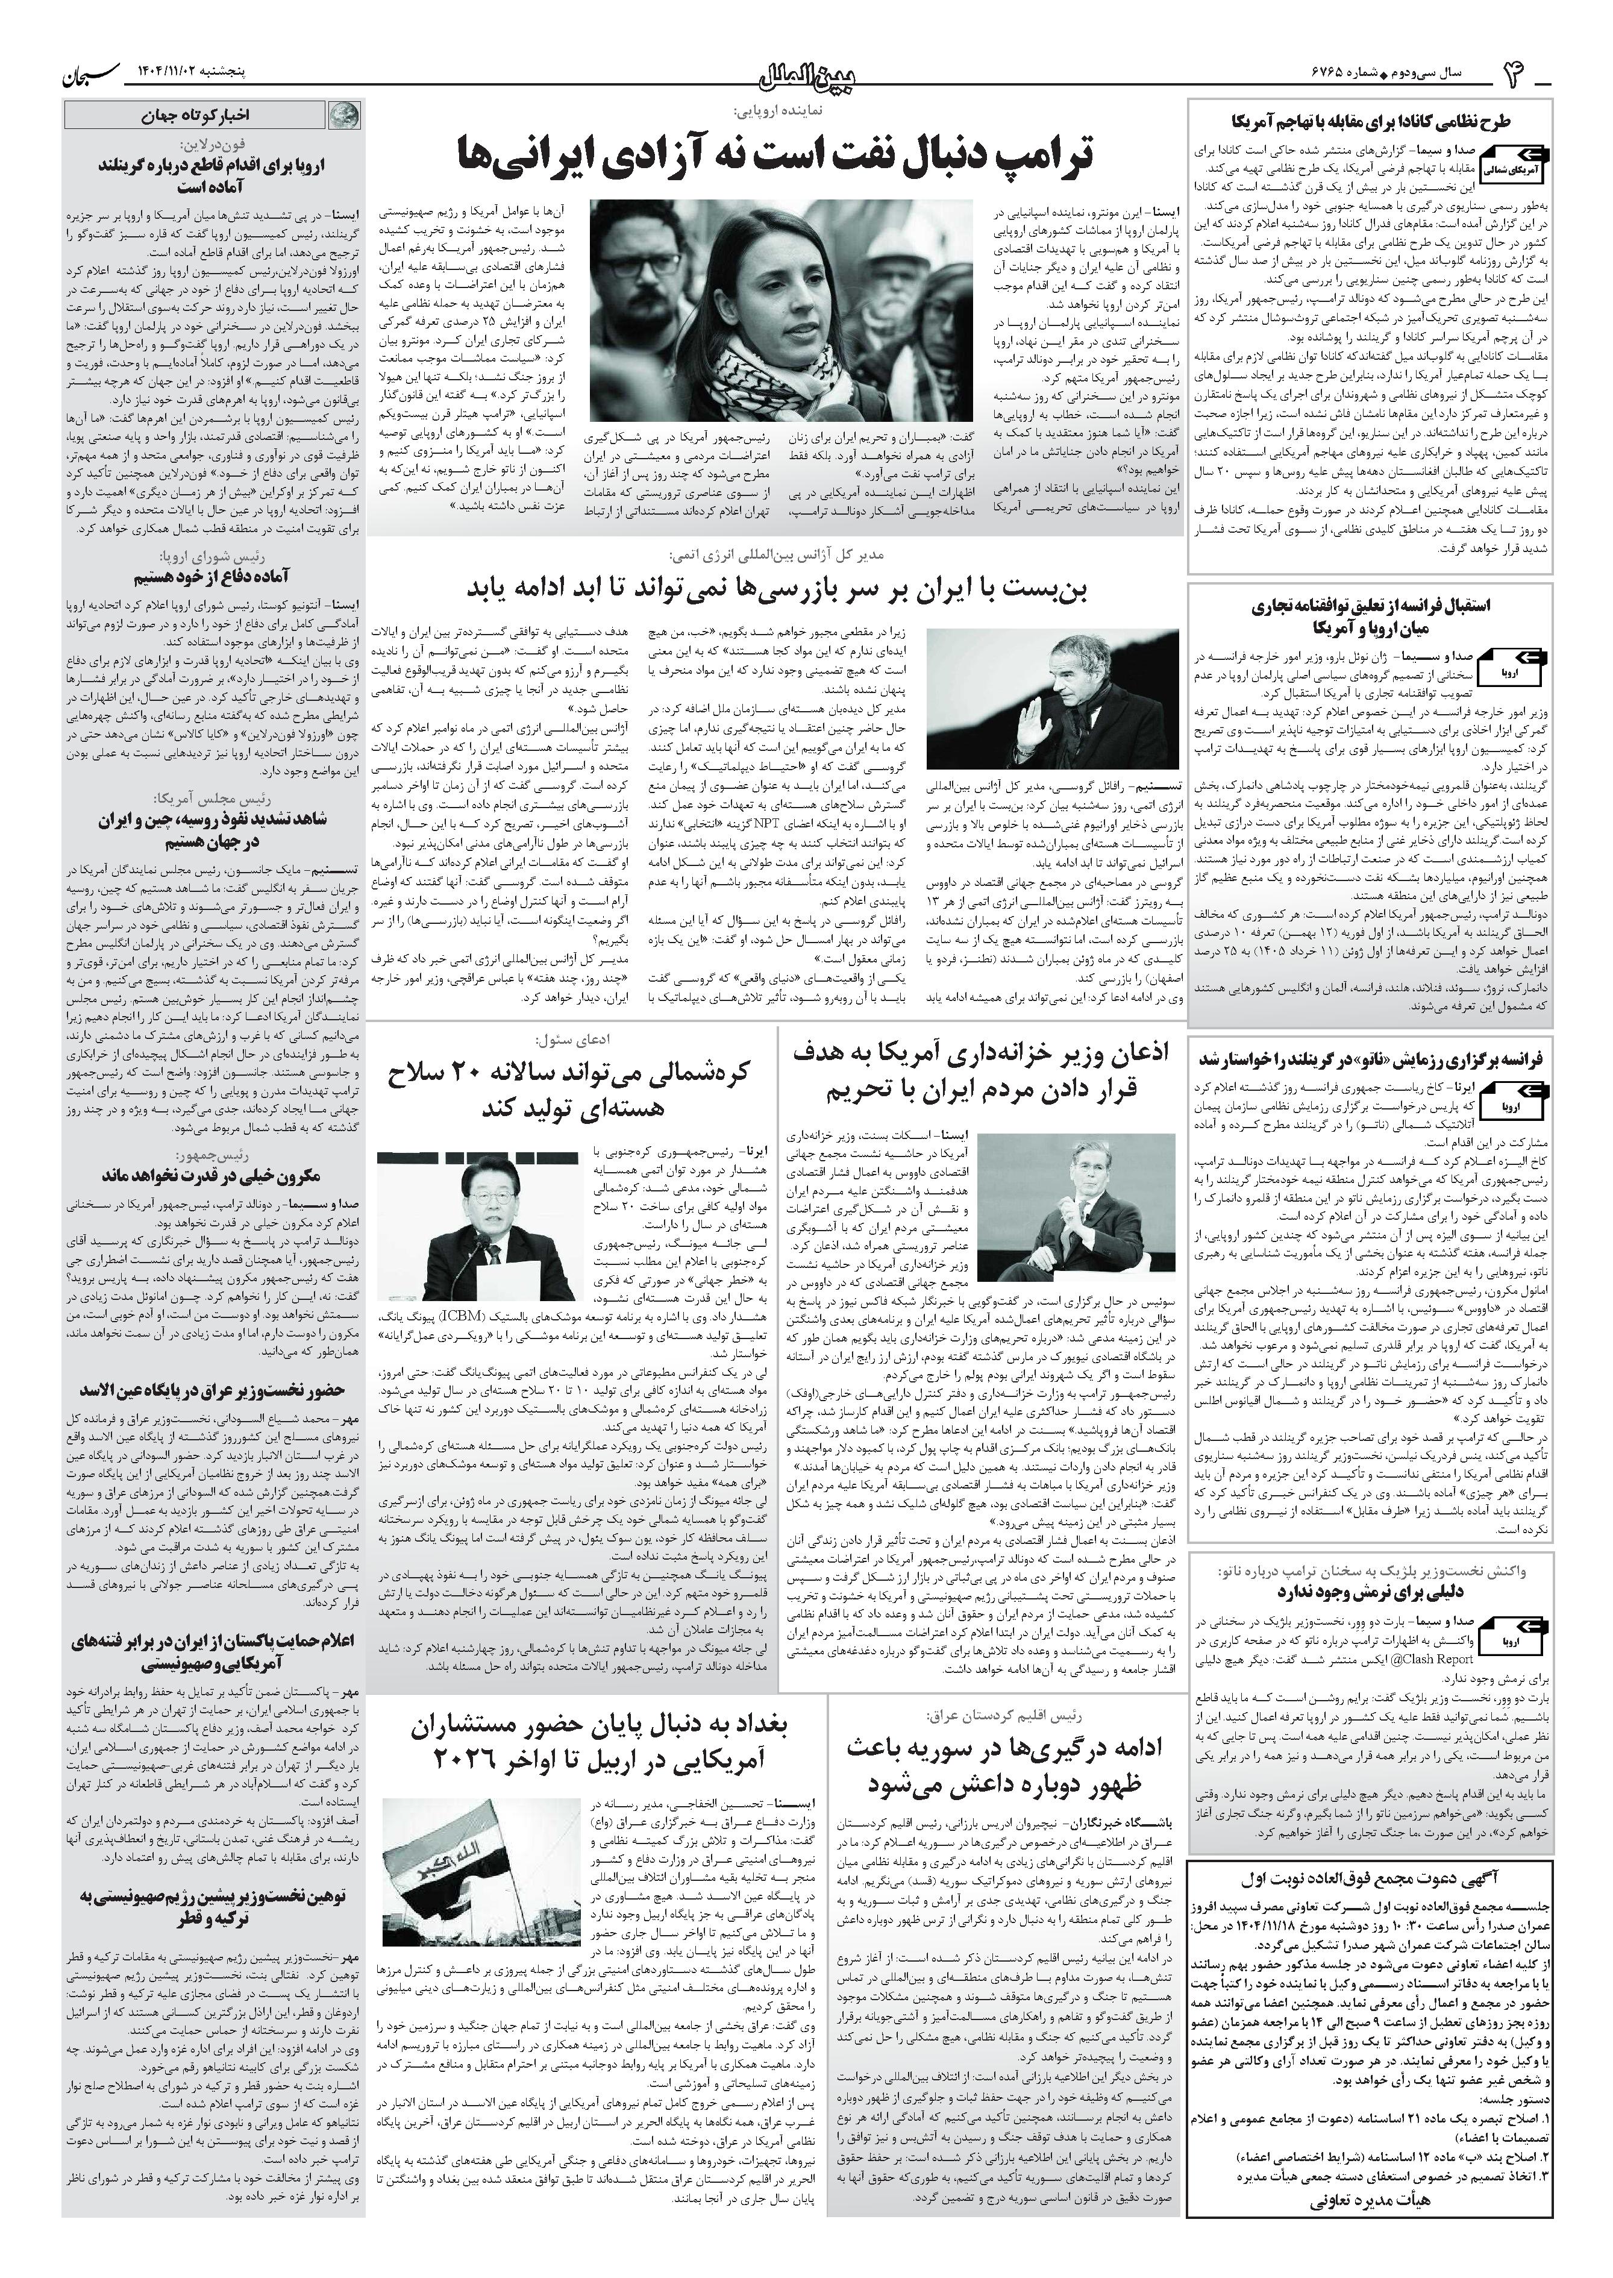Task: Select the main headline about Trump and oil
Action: click(x=775, y=155)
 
